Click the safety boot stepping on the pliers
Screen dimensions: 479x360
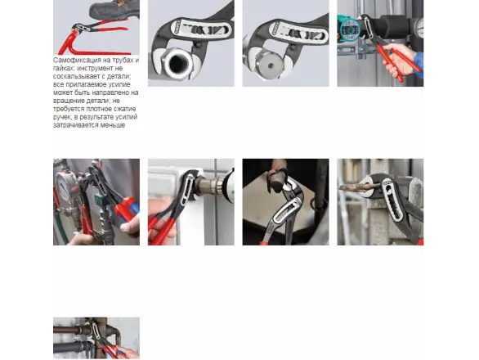coord(115,10)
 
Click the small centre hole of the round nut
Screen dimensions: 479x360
coord(271,65)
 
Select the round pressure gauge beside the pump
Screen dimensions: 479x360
coord(419,27)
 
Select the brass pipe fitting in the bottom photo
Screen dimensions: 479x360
coord(103,332)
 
